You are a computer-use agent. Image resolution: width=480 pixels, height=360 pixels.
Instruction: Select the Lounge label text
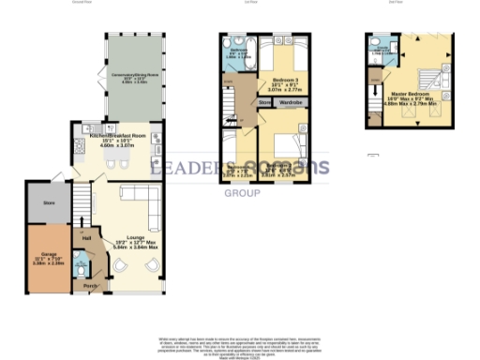pos(136,237)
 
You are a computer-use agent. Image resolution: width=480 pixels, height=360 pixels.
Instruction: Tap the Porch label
pos(90,285)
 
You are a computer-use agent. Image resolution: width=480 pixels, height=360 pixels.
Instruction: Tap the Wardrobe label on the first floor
pos(291,100)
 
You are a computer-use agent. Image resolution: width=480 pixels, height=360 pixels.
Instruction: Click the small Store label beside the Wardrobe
pos(264,100)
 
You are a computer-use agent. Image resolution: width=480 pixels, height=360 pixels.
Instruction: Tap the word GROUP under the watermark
pos(240,193)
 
